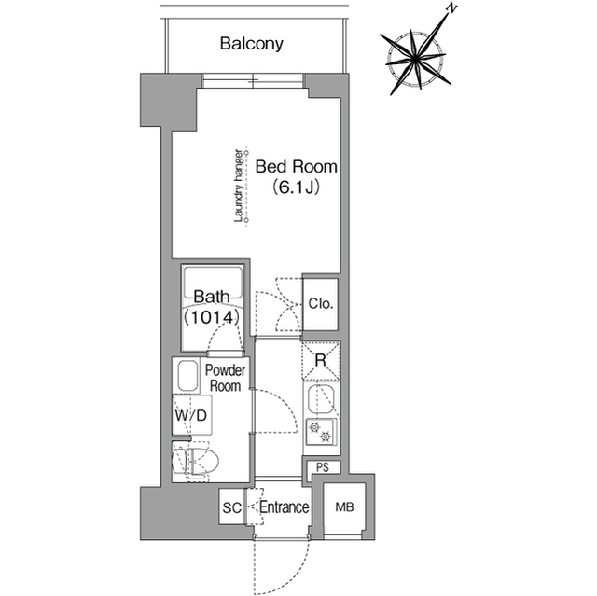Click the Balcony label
click(252, 44)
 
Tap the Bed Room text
click(297, 167)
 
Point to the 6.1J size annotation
click(297, 188)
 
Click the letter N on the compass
click(451, 8)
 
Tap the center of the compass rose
click(415, 60)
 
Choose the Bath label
click(213, 298)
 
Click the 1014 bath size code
click(214, 317)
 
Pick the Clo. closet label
click(322, 304)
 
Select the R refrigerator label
click(319, 360)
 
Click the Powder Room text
click(225, 378)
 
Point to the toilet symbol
click(198, 461)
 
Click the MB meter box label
click(344, 509)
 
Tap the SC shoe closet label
click(231, 508)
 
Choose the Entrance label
click(284, 508)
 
